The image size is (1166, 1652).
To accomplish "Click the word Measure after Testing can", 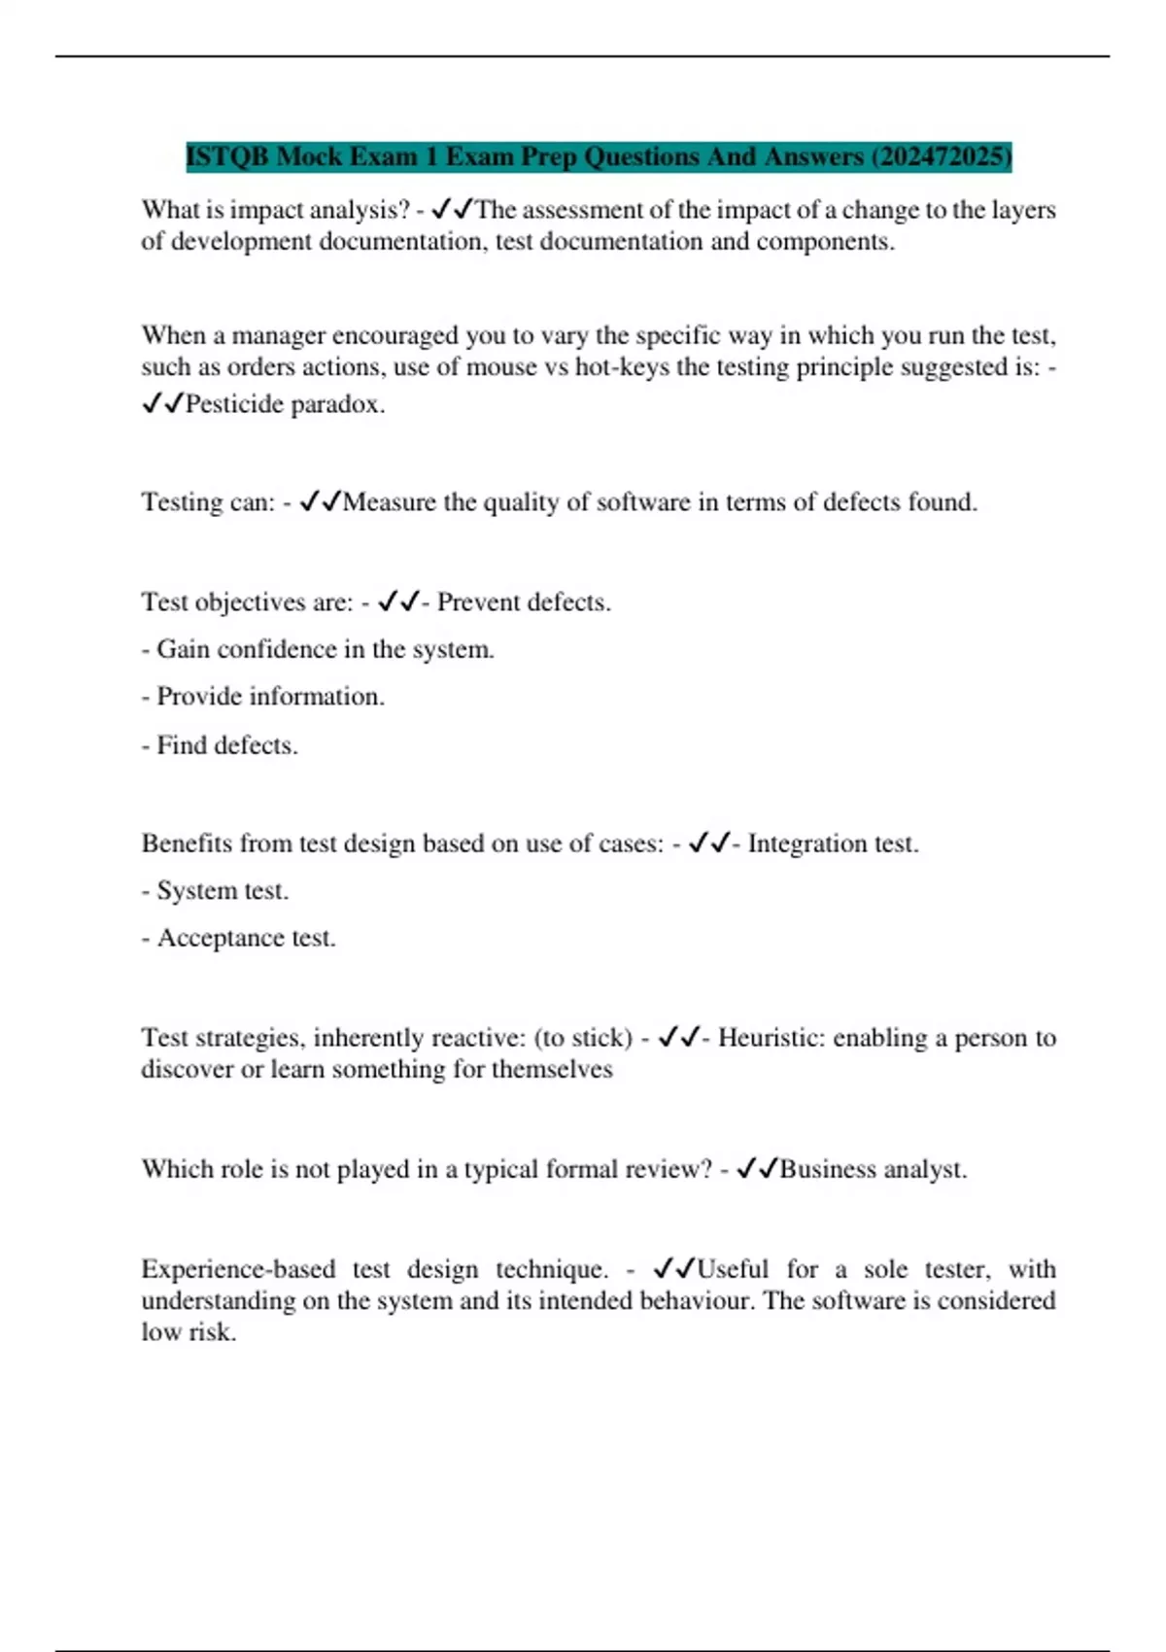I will [390, 502].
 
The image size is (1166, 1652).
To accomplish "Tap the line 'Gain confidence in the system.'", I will [318, 649].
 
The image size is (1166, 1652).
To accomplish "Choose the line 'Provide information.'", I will [263, 697].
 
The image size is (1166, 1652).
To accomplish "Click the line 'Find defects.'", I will [220, 745].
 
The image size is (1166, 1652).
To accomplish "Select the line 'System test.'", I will [216, 891].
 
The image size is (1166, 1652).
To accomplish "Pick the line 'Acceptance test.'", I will [239, 939].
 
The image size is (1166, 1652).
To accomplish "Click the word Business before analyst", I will [828, 1169].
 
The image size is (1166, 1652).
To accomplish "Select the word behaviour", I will [693, 1301].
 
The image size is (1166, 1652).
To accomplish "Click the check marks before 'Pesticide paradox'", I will [162, 404].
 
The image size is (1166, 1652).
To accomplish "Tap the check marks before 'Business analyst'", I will [757, 1169].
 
